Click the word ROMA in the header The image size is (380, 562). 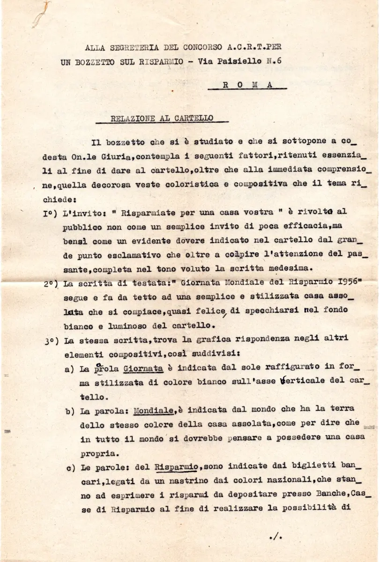[x=246, y=85]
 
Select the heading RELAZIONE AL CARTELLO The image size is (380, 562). [x=162, y=118]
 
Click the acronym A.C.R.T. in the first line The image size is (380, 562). [x=241, y=47]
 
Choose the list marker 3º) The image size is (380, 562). [x=51, y=342]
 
